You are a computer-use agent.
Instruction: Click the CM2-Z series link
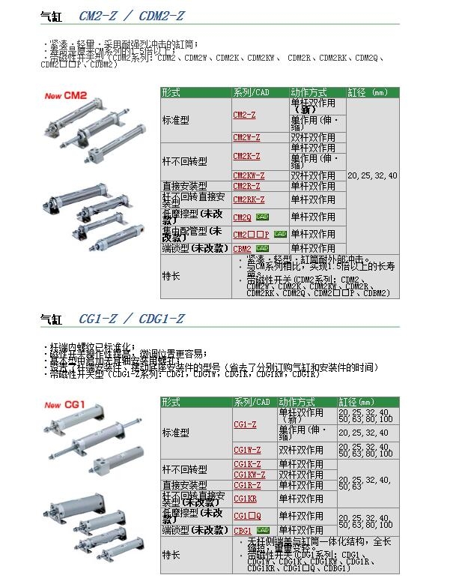click(245, 115)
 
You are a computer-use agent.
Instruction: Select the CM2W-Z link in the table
click(246, 138)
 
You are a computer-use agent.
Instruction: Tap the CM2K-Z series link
click(246, 156)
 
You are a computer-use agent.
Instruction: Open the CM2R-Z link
click(246, 186)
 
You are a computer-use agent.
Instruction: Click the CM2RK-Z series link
click(249, 200)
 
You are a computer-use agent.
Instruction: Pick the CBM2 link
click(242, 248)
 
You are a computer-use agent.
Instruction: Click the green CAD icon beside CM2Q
click(262, 217)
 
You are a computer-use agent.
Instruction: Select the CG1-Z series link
click(245, 424)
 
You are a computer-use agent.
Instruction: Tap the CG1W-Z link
click(246, 450)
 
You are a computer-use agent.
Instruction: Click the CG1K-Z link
click(246, 465)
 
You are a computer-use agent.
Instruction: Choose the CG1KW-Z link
click(249, 475)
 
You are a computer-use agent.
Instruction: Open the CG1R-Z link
click(246, 485)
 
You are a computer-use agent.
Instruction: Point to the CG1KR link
click(245, 499)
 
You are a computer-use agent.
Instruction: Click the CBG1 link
click(243, 531)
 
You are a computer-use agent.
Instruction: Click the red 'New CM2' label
click(67, 95)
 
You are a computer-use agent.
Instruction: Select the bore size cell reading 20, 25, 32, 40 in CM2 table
click(372, 175)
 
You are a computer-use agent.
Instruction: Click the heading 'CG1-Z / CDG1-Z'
click(131, 319)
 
